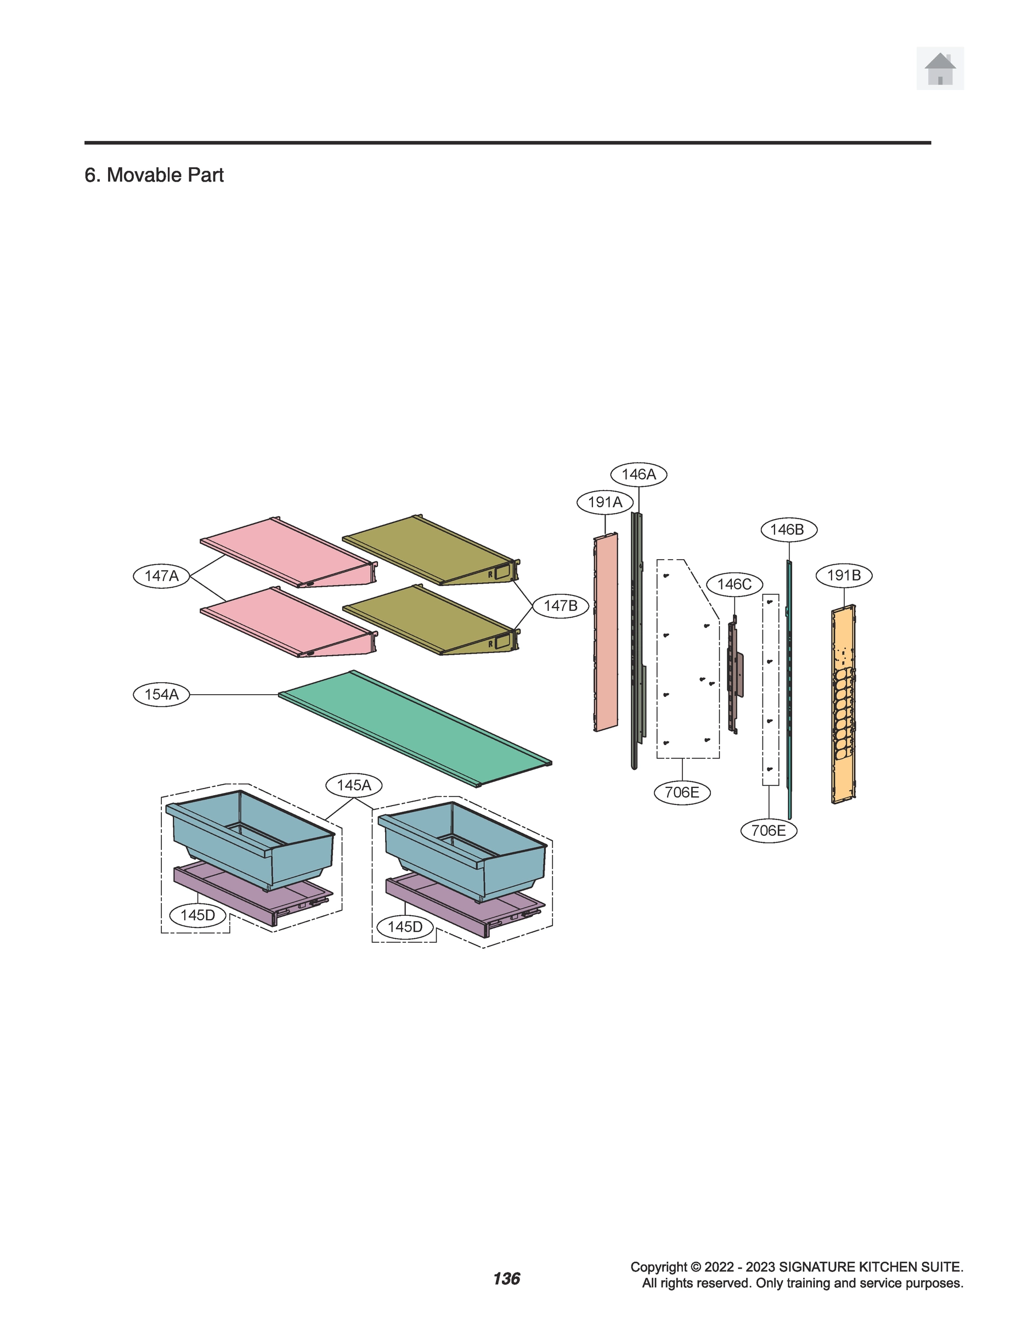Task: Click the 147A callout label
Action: (x=161, y=576)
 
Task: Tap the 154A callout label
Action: (x=161, y=694)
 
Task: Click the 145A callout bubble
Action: (x=354, y=785)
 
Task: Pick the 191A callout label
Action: (x=605, y=502)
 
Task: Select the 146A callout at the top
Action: (x=639, y=474)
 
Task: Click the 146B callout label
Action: (x=787, y=530)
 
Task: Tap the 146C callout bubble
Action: (x=734, y=584)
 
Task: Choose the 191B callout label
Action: (x=844, y=576)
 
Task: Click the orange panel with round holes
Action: (x=843, y=704)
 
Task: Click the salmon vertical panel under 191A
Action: (x=606, y=632)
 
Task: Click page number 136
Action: (x=506, y=1279)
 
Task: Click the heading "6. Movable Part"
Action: (x=154, y=175)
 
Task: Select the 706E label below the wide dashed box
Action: (x=682, y=792)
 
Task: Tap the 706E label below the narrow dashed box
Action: (x=769, y=831)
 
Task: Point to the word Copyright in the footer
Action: (x=658, y=1267)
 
